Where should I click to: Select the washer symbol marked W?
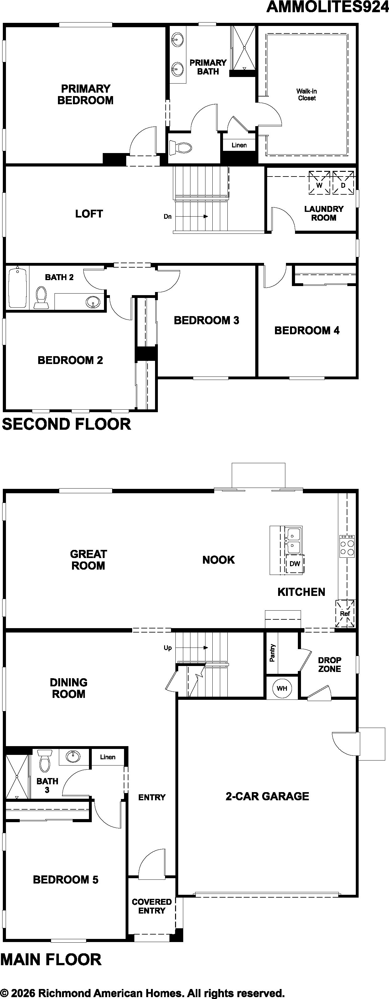click(x=319, y=183)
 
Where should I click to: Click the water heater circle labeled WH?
click(x=282, y=699)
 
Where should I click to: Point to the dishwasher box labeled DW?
click(x=295, y=563)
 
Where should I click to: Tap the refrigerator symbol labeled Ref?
click(x=345, y=613)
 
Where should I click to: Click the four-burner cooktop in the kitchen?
click(x=347, y=546)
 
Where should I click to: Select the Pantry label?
click(x=272, y=653)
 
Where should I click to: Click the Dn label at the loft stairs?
click(x=167, y=216)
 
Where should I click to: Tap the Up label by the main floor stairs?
click(x=168, y=648)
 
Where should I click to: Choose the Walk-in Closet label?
click(x=307, y=95)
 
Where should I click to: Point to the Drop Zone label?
click(x=329, y=664)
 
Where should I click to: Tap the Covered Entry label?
click(x=152, y=906)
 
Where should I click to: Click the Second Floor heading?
click(x=66, y=424)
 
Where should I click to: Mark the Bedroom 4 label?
click(x=307, y=330)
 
